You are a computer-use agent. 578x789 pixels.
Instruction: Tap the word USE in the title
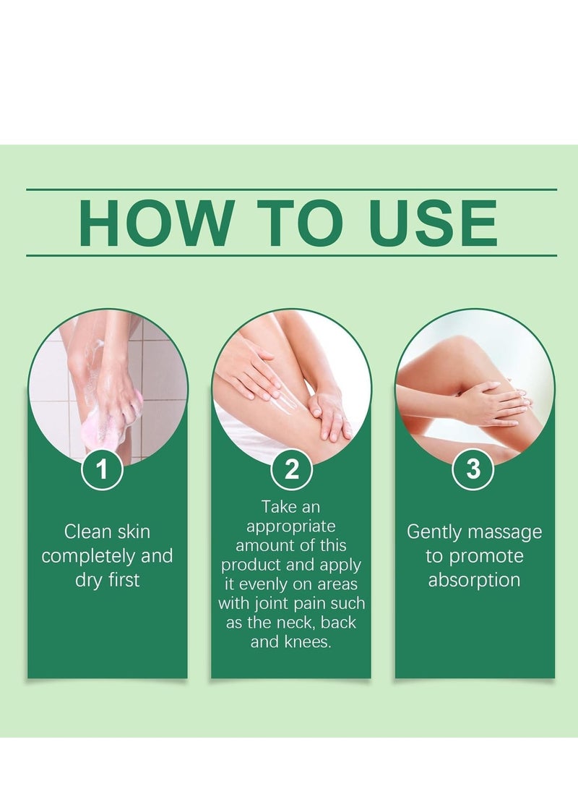point(433,223)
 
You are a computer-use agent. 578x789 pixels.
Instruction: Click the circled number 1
point(102,470)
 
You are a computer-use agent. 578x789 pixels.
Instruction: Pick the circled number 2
point(291,470)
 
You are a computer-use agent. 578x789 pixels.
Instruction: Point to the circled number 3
point(473,470)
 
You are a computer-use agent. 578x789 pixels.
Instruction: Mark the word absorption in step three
point(474,580)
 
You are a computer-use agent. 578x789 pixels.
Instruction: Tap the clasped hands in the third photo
point(491,402)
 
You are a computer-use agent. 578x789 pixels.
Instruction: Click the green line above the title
point(291,189)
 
